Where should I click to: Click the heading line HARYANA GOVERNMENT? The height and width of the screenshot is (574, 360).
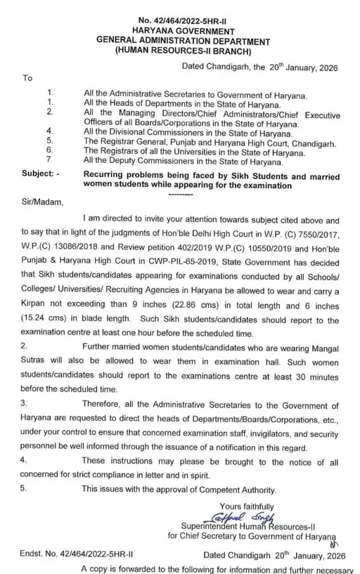(x=185, y=32)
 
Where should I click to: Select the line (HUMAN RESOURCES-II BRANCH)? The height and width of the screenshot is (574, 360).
(x=184, y=51)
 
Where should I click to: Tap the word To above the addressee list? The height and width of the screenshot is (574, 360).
(x=27, y=78)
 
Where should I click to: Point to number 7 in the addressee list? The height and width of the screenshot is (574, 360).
(x=49, y=160)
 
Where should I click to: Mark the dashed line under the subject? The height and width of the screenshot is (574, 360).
(x=181, y=192)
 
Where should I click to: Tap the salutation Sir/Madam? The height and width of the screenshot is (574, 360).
(x=43, y=203)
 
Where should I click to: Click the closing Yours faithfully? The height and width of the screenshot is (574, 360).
(x=247, y=507)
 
